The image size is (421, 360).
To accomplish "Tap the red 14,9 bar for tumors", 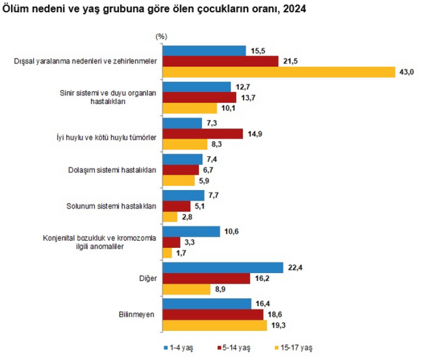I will [203, 133].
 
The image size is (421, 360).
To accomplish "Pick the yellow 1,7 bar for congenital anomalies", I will [167, 253].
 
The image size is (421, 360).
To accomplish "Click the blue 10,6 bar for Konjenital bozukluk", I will [191, 232].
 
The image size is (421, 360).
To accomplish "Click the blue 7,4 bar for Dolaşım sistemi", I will [182, 159].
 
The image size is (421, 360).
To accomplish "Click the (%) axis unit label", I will [162, 36].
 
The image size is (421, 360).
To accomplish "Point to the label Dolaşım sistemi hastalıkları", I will [117, 170].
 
